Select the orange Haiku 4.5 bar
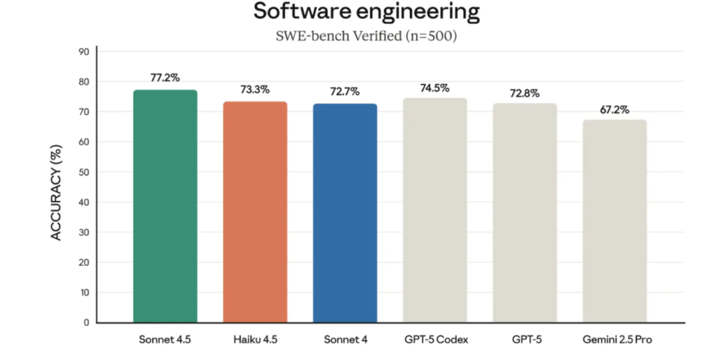click(255, 212)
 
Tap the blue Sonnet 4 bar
click(344, 213)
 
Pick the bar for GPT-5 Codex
click(435, 210)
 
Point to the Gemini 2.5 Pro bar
click(614, 221)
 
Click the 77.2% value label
click(165, 77)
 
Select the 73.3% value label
click(255, 89)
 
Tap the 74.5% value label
click(435, 87)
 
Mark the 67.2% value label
click(614, 110)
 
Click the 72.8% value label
click(525, 93)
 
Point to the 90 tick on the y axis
click(84, 51)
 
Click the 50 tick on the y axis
click(84, 172)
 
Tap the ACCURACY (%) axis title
click(57, 194)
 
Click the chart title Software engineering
click(367, 12)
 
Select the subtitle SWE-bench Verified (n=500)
click(367, 37)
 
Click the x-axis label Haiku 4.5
click(255, 340)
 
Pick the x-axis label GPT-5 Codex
click(435, 340)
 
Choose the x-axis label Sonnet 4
click(344, 340)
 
